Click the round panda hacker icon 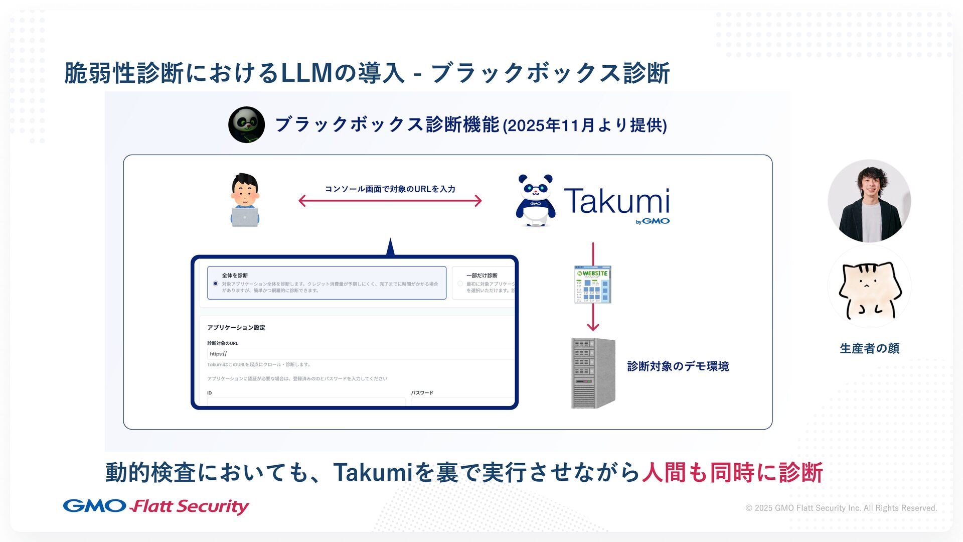click(246, 124)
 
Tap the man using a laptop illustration click(245, 200)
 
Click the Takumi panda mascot click(535, 200)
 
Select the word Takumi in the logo click(616, 201)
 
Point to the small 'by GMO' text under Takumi click(653, 221)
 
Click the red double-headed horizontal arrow click(390, 201)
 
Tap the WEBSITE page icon click(593, 285)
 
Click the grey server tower click(593, 373)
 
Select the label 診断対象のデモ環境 click(678, 366)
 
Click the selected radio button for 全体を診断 click(216, 284)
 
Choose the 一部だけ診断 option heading click(481, 276)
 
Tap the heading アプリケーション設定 click(236, 328)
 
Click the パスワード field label click(422, 393)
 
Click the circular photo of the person click(869, 201)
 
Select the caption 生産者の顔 click(869, 348)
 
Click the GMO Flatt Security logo click(155, 506)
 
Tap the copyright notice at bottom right click(841, 508)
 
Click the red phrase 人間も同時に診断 click(732, 472)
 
